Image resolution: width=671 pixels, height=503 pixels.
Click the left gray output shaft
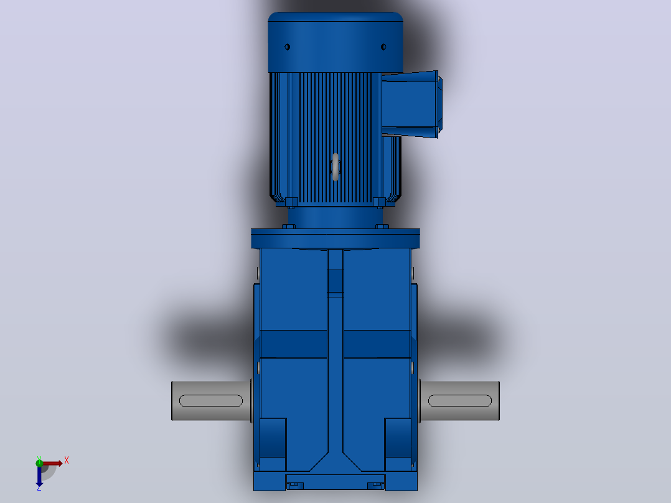(212, 401)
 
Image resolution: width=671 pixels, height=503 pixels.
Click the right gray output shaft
(459, 401)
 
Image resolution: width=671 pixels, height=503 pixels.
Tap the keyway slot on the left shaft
(211, 401)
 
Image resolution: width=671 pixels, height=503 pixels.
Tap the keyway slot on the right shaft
(459, 401)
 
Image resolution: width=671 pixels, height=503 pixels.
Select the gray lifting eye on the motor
(335, 166)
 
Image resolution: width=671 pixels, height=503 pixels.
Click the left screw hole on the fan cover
(287, 47)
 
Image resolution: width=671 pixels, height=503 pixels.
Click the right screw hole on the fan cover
(383, 47)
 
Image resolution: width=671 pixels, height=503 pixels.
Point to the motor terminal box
(411, 105)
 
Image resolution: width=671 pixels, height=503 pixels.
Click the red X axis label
(67, 461)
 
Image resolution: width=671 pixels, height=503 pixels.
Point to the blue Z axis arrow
(39, 476)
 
